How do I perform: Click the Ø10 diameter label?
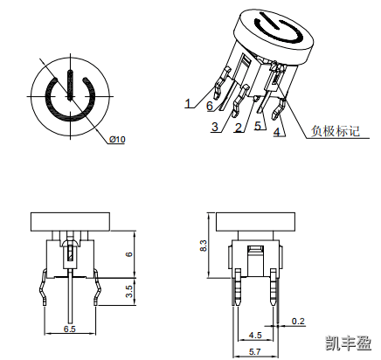click(x=117, y=140)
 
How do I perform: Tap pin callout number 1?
click(x=189, y=103)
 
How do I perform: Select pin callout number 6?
click(x=210, y=106)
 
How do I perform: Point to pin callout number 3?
click(x=215, y=127)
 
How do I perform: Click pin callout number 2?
click(x=239, y=128)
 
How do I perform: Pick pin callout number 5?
click(x=258, y=126)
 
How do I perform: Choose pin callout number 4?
click(x=276, y=132)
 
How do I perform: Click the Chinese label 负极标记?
click(x=336, y=131)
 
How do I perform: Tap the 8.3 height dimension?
click(x=204, y=246)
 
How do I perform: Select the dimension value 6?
click(x=129, y=254)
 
